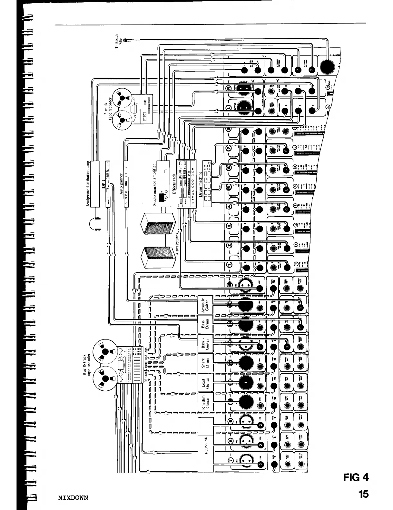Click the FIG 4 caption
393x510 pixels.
tap(356, 477)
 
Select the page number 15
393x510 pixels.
tap(363, 494)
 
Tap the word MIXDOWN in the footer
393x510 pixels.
tap(73, 497)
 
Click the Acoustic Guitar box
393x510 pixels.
tap(205, 304)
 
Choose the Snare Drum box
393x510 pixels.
tap(205, 363)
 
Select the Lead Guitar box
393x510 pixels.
tap(205, 383)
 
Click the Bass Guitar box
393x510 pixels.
tap(205, 344)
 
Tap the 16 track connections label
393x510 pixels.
tap(146, 364)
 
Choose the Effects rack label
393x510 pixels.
tap(174, 184)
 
